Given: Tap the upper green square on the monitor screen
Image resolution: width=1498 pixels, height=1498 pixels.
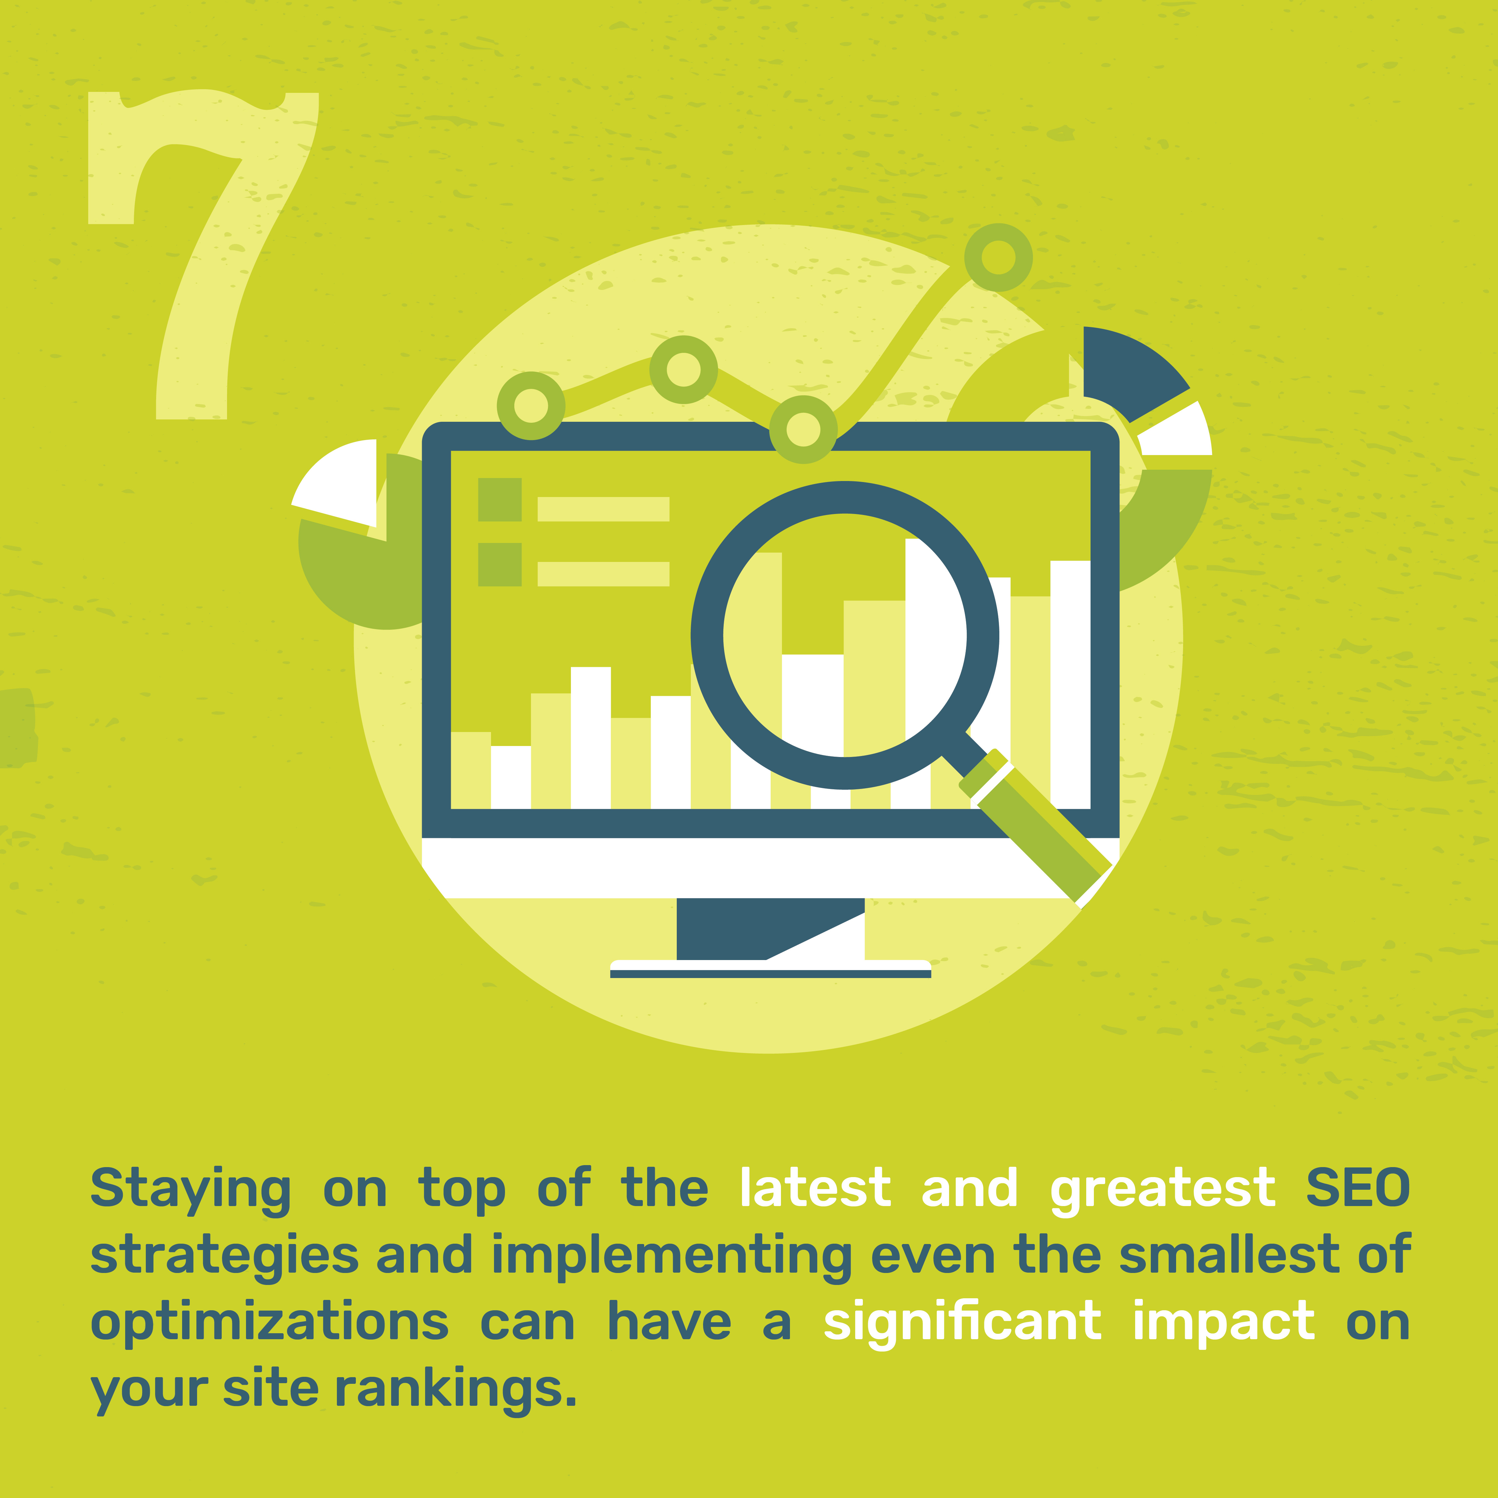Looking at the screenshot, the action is point(499,499).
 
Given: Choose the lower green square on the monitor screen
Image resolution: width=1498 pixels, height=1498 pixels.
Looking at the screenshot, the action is point(499,565).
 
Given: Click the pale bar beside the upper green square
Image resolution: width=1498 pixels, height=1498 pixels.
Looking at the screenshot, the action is point(603,509).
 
